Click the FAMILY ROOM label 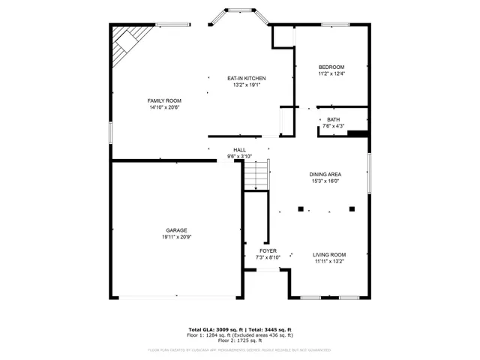tap(163, 100)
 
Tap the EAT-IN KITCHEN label tap(247, 78)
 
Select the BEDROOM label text tap(331, 67)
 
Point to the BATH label tap(333, 119)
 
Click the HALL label tap(239, 150)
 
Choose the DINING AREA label tap(325, 174)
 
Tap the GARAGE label tap(176, 230)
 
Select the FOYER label tap(268, 250)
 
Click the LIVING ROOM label tap(328, 254)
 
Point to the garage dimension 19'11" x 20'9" tap(176, 237)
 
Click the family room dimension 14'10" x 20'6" tap(163, 107)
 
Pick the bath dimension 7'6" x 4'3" tap(333, 126)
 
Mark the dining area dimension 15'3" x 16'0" tap(325, 181)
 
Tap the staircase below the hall tap(256, 177)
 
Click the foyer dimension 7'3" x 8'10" tap(268, 257)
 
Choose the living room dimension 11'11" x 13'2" tap(328, 261)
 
